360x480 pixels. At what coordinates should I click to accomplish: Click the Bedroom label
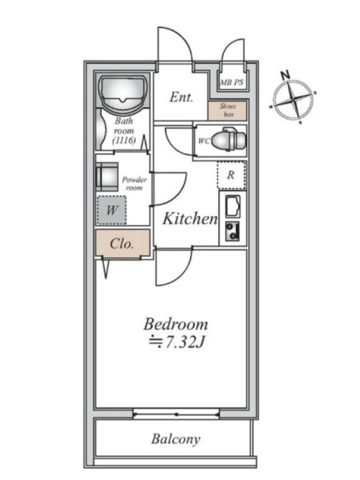[x=176, y=325]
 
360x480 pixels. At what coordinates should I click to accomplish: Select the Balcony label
[x=176, y=439]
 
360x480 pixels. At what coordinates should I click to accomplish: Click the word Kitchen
[x=190, y=218]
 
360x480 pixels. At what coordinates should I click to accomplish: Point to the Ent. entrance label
[x=181, y=97]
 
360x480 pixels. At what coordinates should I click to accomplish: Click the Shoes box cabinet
[x=227, y=110]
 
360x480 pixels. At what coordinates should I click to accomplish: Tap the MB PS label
[x=232, y=82]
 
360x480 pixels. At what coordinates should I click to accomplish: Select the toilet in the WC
[x=229, y=140]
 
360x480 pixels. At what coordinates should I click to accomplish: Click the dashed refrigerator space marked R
[x=232, y=175]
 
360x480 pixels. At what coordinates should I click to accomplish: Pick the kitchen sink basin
[x=233, y=206]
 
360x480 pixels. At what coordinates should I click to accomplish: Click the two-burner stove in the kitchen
[x=232, y=231]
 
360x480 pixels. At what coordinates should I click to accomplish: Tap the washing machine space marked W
[x=112, y=211]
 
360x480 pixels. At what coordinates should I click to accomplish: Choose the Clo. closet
[x=122, y=243]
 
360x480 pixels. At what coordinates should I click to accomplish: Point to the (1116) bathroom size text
[x=124, y=141]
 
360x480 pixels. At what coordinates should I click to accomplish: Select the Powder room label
[x=134, y=184]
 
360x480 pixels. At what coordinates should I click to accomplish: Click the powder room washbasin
[x=107, y=176]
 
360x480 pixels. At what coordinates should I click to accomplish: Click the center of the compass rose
[x=293, y=100]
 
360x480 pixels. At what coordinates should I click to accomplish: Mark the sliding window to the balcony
[x=176, y=415]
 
